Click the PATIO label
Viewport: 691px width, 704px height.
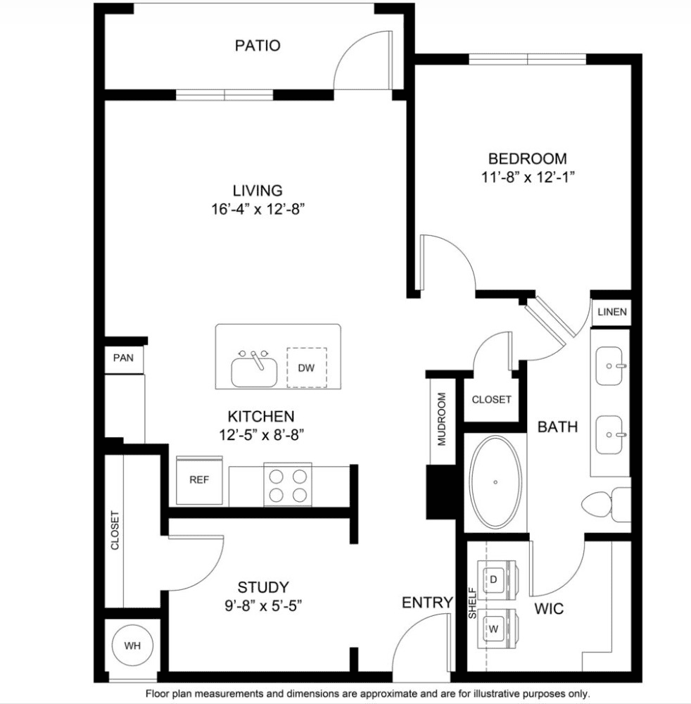click(x=258, y=45)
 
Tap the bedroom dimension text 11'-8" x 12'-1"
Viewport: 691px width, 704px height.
click(x=528, y=177)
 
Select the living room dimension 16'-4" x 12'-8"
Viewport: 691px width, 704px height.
click(x=258, y=209)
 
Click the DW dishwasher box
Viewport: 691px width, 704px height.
click(x=307, y=367)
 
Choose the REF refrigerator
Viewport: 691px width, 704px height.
click(x=199, y=480)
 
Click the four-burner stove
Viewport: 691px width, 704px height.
click(x=288, y=484)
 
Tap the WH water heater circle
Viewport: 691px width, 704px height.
click(x=132, y=646)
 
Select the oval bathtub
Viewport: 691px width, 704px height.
click(x=495, y=482)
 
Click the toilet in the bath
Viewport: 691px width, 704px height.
click(x=606, y=505)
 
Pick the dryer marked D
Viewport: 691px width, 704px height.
click(x=498, y=579)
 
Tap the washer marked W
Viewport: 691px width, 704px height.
click(x=498, y=629)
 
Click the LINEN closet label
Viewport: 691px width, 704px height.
click(x=612, y=312)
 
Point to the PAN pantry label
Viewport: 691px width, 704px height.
click(x=123, y=358)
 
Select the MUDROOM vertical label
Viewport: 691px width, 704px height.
click(x=442, y=420)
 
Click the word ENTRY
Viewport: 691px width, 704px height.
click(x=427, y=603)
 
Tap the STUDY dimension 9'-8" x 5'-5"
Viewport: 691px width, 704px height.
click(x=263, y=606)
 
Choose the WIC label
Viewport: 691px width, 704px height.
click(x=549, y=609)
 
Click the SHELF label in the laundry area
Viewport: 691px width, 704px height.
click(x=472, y=603)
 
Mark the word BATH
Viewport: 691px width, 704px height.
click(x=558, y=427)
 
